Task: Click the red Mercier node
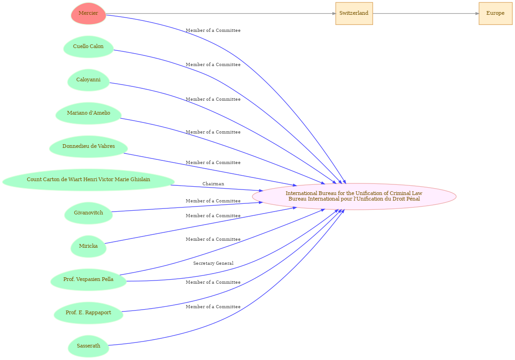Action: pos(88,13)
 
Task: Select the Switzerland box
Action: pos(354,13)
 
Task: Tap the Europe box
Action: pos(495,13)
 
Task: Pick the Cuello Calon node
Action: pos(88,47)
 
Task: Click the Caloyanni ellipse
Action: pos(88,80)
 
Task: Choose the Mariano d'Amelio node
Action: pos(88,113)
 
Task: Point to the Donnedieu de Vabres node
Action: pos(88,146)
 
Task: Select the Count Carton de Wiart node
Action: pos(88,180)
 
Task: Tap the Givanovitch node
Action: pos(88,213)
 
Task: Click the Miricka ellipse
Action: pos(88,246)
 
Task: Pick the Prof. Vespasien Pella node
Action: pos(88,280)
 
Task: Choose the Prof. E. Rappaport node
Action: pos(88,313)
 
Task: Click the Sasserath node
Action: pos(88,346)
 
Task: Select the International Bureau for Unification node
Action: pos(354,196)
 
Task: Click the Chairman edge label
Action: pos(213,184)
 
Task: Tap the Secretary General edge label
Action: pos(213,263)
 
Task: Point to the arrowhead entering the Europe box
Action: pos(477,13)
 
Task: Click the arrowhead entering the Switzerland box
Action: pos(334,13)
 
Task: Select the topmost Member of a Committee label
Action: pos(213,31)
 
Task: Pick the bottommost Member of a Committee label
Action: pos(213,307)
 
